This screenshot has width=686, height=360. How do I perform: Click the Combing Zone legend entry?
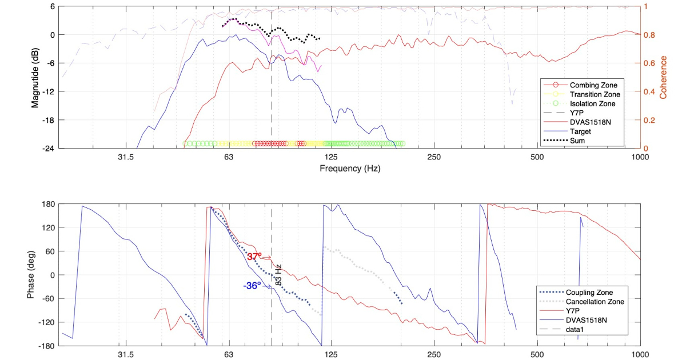click(x=589, y=85)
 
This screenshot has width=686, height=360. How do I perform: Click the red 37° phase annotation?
click(x=254, y=257)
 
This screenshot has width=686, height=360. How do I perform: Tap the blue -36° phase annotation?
click(x=252, y=286)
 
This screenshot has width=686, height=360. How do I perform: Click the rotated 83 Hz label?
click(x=279, y=274)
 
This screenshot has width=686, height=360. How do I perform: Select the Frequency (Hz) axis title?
click(x=350, y=169)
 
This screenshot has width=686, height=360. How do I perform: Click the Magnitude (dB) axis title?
click(x=35, y=77)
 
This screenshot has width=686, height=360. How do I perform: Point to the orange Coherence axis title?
click(x=664, y=77)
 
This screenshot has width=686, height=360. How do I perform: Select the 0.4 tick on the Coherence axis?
click(x=649, y=91)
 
